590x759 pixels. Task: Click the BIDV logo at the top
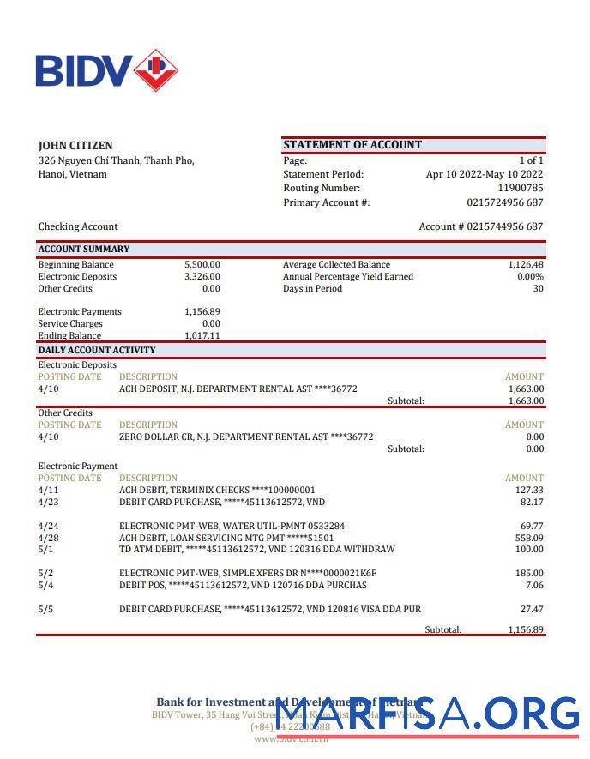106,70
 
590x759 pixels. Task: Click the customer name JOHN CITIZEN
75,145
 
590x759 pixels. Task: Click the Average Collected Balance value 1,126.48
526,265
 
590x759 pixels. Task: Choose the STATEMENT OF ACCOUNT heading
352,145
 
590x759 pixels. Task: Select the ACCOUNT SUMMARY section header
84,249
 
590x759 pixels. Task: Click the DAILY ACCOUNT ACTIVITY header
97,350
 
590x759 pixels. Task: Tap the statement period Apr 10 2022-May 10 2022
485,174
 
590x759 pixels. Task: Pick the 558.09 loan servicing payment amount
528,538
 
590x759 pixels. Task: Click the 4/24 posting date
48,526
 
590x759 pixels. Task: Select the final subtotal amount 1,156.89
526,629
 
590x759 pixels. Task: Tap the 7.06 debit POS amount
533,586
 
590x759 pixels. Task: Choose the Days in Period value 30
538,289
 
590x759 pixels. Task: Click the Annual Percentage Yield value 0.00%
530,277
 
